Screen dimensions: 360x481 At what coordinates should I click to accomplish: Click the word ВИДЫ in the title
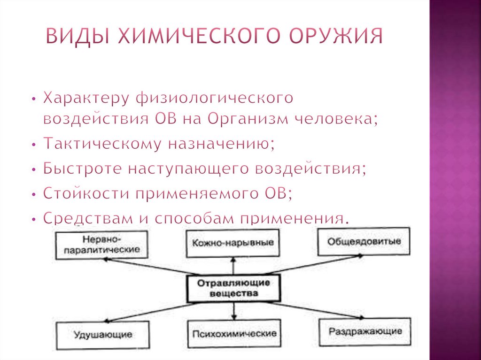[78, 36]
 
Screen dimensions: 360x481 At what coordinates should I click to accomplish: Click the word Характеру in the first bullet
[86, 98]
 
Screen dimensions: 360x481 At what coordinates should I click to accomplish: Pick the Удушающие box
[102, 335]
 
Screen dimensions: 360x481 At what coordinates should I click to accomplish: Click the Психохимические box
[233, 334]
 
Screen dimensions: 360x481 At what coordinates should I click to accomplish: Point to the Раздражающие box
[365, 331]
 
